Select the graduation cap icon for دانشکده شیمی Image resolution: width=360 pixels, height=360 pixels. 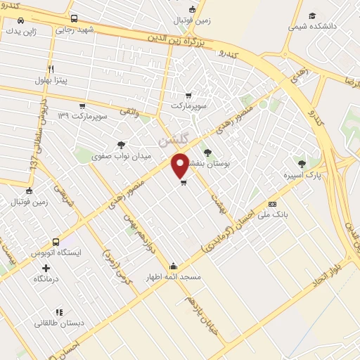(312, 15)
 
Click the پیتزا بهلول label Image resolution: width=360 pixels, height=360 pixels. (50, 80)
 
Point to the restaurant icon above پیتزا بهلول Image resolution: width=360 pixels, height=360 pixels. (51, 69)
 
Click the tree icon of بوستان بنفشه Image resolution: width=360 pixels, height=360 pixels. (207, 151)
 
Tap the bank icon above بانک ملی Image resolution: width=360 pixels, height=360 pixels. (272, 204)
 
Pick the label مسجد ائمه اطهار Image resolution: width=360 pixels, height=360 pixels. (173, 277)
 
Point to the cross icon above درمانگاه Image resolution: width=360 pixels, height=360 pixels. (46, 268)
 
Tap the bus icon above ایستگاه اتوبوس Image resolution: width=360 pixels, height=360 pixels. (56, 241)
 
